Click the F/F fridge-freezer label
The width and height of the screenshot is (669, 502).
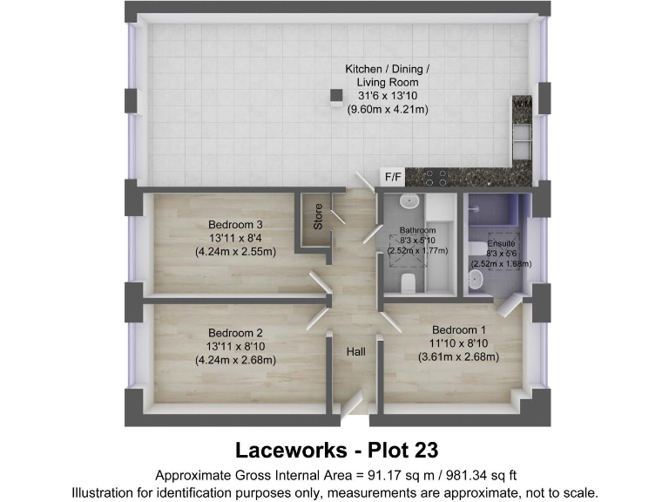click(394, 177)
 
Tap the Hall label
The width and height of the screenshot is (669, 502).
click(355, 352)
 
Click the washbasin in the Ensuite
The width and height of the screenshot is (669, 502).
click(476, 279)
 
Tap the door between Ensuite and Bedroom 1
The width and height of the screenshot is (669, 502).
click(508, 304)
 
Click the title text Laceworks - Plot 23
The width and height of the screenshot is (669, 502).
click(335, 450)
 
